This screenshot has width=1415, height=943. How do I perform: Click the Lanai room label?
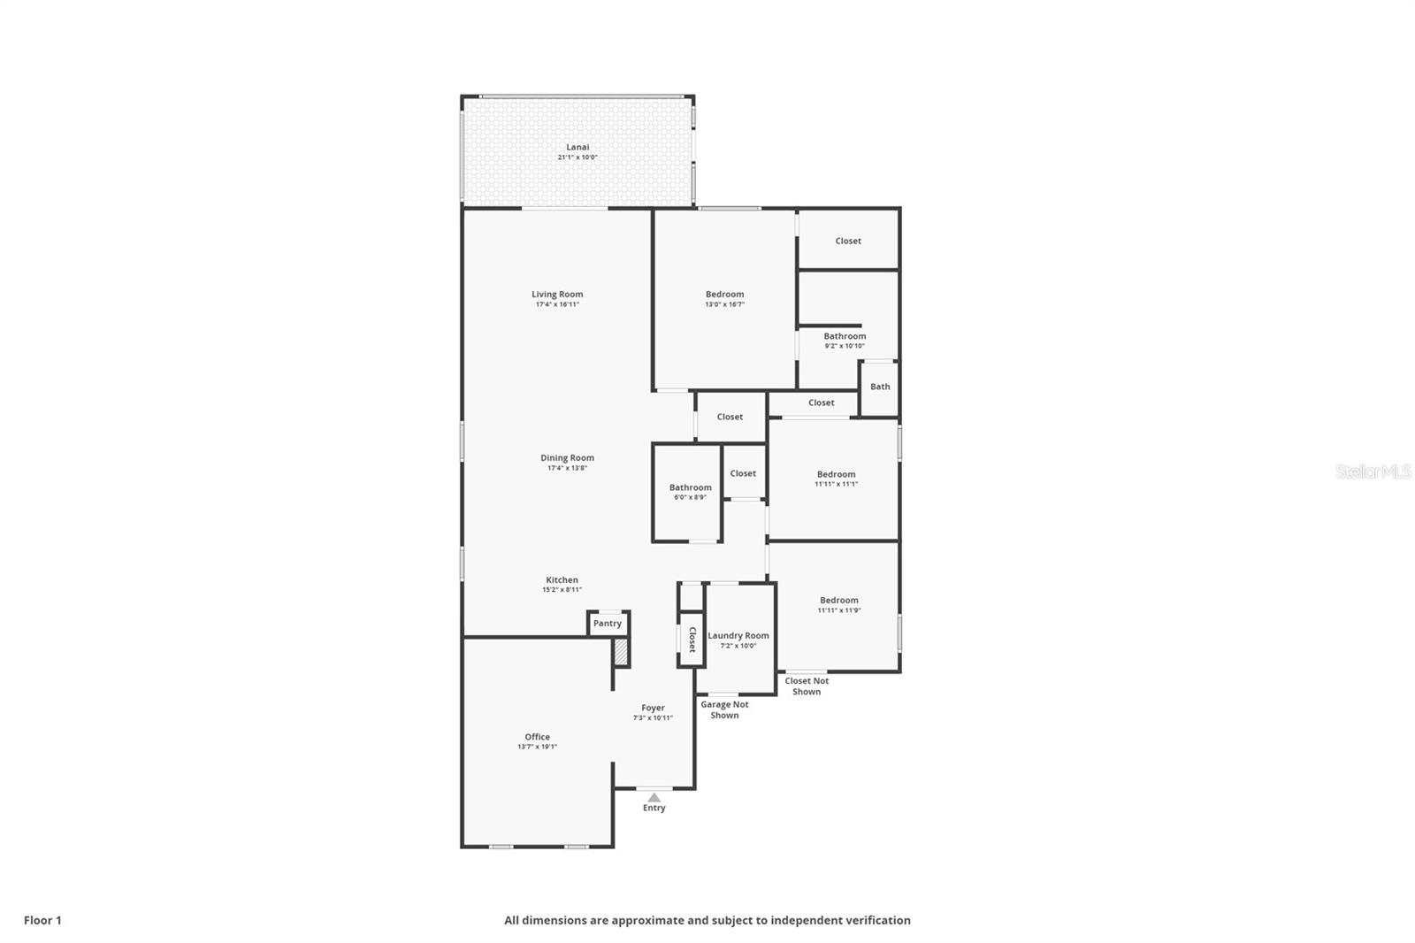pyautogui.click(x=577, y=147)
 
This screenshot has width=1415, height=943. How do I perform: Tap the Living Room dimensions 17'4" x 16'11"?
pyautogui.click(x=557, y=304)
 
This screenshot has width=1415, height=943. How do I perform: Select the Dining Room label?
pyautogui.click(x=567, y=457)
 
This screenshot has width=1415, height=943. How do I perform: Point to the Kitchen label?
pyautogui.click(x=562, y=579)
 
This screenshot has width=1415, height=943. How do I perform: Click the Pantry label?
pyautogui.click(x=607, y=623)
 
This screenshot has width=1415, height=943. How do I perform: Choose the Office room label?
pyautogui.click(x=537, y=736)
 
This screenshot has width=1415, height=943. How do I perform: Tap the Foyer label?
pyautogui.click(x=653, y=708)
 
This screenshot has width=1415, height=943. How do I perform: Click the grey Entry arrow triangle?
pyautogui.click(x=654, y=798)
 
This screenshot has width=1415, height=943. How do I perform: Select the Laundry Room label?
pyautogui.click(x=738, y=636)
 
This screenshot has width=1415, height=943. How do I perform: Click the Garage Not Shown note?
pyautogui.click(x=724, y=709)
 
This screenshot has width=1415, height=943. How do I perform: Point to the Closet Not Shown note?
pyautogui.click(x=807, y=686)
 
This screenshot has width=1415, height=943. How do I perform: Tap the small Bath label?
pyautogui.click(x=880, y=387)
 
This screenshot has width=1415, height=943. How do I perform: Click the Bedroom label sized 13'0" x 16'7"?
pyautogui.click(x=724, y=294)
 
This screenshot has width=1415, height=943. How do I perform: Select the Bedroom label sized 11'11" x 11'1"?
pyautogui.click(x=836, y=474)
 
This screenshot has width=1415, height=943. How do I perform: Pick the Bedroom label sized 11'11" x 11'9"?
pyautogui.click(x=839, y=601)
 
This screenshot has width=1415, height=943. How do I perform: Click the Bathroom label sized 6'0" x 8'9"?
pyautogui.click(x=690, y=487)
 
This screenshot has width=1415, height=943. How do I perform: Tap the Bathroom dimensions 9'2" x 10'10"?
pyautogui.click(x=845, y=346)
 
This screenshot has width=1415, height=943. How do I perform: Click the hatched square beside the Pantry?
pyautogui.click(x=621, y=652)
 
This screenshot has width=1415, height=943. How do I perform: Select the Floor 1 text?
pyautogui.click(x=43, y=920)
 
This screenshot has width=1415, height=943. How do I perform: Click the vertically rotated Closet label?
pyautogui.click(x=692, y=640)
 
